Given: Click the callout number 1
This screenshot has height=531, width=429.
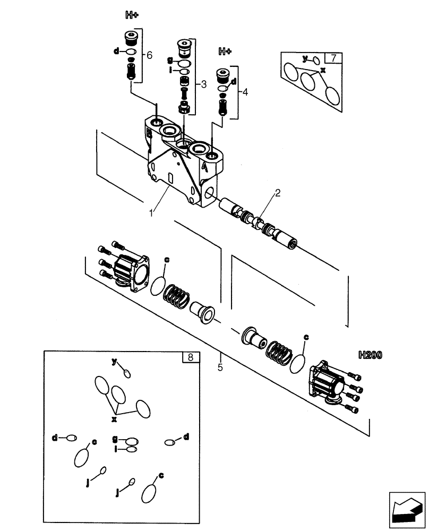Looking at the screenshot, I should point(152,212).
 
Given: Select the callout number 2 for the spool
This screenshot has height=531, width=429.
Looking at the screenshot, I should point(277,193).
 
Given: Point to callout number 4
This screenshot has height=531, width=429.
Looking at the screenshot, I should point(244,91).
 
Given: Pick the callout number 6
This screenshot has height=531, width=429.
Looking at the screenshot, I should point(149,55).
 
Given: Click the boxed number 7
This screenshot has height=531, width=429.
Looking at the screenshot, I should point(333,58).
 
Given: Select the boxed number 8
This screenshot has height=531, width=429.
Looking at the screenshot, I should point(190,357).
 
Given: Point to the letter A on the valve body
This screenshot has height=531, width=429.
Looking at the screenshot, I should point(204,167).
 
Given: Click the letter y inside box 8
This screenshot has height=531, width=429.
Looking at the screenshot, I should point(114,362).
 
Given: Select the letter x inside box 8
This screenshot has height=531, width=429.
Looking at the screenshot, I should point(114,419).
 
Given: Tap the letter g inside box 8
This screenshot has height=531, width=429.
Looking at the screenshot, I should point(115,439).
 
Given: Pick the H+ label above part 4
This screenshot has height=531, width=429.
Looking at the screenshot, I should point(225,52).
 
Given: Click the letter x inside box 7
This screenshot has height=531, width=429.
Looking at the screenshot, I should point(322,69).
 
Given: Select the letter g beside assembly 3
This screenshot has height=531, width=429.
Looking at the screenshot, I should point(170,60).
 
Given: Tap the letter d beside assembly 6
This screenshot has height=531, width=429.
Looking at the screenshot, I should point(116,51).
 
